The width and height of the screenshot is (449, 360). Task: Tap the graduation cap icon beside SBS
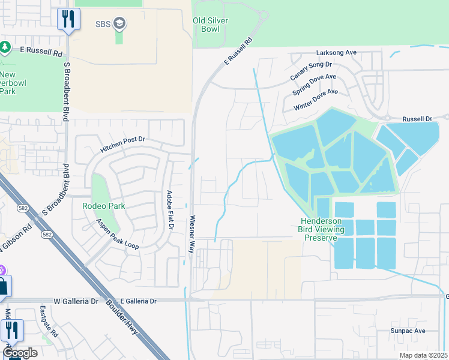(119, 23)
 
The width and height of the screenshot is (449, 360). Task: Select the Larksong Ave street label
(333, 53)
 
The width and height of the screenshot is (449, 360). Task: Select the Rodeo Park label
(104, 206)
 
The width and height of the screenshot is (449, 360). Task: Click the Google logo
(20, 353)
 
